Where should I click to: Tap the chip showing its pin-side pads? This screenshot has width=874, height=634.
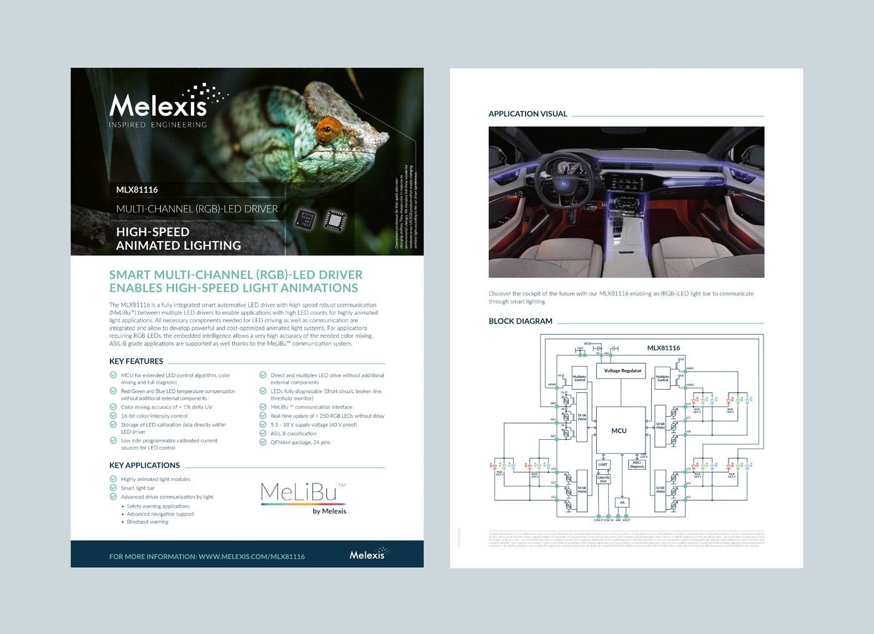click(x=335, y=220)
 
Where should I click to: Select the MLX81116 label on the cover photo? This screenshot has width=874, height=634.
click(x=137, y=190)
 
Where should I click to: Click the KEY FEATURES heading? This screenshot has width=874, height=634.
click(x=136, y=361)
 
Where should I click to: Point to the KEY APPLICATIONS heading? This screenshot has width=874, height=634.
click(x=144, y=465)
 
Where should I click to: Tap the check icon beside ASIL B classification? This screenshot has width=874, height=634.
click(x=263, y=433)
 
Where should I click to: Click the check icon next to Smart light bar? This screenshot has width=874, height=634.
click(x=113, y=488)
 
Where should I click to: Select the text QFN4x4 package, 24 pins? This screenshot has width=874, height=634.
click(x=300, y=442)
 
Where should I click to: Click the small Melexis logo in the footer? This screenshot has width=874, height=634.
click(x=368, y=554)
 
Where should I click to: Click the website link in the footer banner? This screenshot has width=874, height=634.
click(x=207, y=557)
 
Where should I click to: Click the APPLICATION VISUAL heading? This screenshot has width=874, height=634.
click(x=528, y=114)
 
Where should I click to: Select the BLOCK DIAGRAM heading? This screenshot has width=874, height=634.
click(x=520, y=321)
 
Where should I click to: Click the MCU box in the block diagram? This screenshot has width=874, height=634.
click(x=620, y=430)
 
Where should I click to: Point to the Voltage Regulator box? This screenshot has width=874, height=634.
click(x=622, y=370)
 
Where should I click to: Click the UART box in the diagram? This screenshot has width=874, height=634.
click(x=603, y=465)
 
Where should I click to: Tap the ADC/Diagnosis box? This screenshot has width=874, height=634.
click(x=637, y=465)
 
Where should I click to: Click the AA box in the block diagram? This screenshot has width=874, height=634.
click(x=622, y=502)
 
